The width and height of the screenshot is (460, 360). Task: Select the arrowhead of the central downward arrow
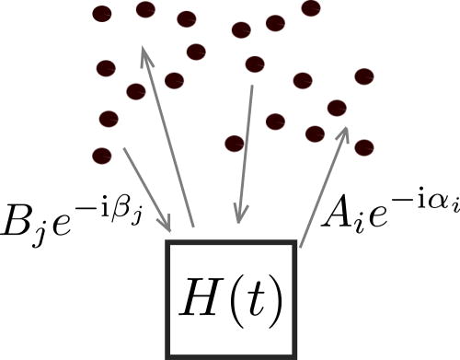[x=239, y=215]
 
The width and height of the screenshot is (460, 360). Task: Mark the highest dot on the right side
[x=311, y=8]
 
